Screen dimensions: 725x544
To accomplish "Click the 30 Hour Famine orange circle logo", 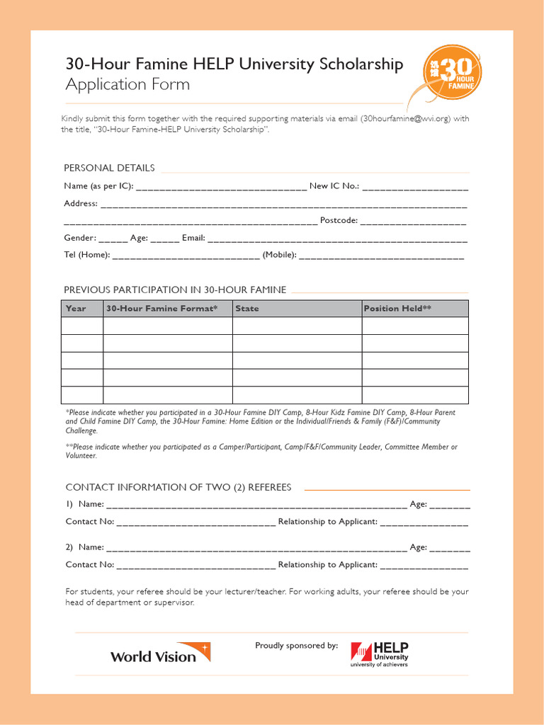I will coord(452,74).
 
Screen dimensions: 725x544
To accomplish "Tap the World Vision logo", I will coord(160,653).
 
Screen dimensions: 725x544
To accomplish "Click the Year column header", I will coord(76,309).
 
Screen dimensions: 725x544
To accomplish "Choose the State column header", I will coord(247,309).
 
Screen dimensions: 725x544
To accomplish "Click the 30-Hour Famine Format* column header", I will coord(161,309).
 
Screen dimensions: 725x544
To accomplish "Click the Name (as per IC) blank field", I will coord(221,188).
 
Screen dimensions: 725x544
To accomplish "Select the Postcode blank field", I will coord(413,222).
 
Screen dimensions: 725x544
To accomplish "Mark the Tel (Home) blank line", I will coord(186,257).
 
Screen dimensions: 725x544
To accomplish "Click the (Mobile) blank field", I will coord(381,257).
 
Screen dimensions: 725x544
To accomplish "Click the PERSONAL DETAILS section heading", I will coord(109,168).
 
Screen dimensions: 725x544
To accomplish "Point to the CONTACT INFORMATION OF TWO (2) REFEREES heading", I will coord(178,487).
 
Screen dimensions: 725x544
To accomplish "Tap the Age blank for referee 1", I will coord(449,506).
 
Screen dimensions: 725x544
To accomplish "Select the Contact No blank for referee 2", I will coord(195,566).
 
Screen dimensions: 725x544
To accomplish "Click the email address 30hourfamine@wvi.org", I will coord(404,119).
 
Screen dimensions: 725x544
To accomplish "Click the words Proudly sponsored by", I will coord(296,645).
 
